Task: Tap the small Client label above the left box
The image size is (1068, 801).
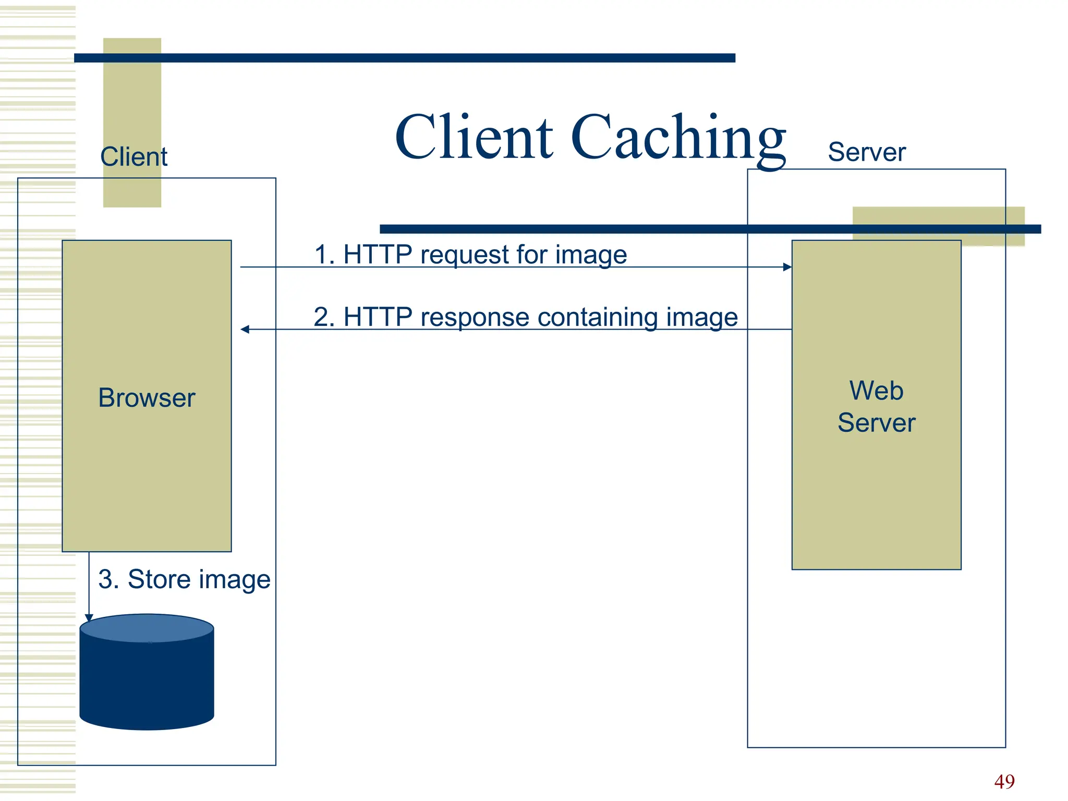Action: [x=133, y=156]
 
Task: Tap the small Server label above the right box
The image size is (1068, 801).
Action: [x=866, y=152]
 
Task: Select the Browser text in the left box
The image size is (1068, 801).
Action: [x=147, y=398]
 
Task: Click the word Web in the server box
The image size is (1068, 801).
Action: [x=876, y=391]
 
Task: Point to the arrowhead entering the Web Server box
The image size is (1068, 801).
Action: [x=787, y=267]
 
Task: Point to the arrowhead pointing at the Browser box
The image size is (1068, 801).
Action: [x=245, y=329]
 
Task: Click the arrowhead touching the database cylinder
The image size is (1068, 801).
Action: [x=89, y=618]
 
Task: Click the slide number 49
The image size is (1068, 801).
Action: [x=1004, y=781]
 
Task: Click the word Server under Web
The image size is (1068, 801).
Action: [x=876, y=422]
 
